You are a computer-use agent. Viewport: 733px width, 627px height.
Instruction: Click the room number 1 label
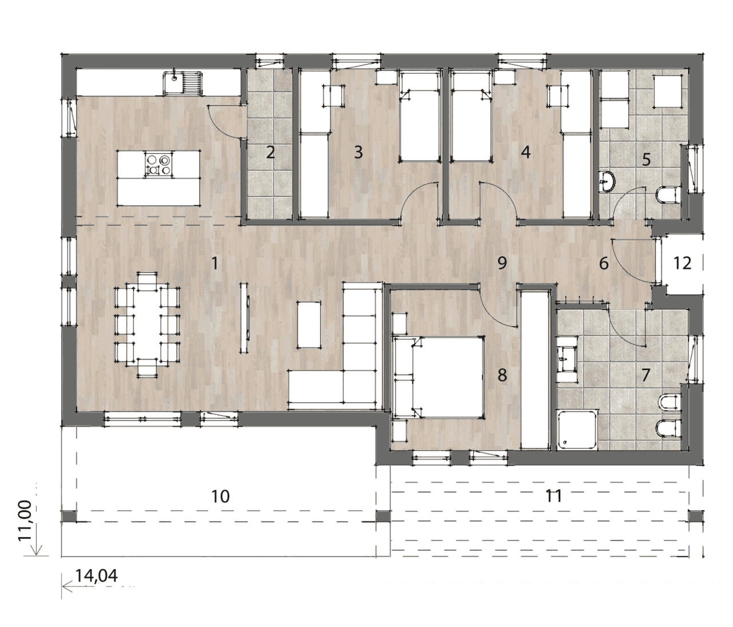coord(214,263)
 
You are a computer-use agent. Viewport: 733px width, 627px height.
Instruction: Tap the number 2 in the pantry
coord(270,152)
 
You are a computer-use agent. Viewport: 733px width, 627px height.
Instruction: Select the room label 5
coord(647,159)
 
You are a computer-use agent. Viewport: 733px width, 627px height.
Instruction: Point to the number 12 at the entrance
coord(682,263)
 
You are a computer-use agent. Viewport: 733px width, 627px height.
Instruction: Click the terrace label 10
coord(221,496)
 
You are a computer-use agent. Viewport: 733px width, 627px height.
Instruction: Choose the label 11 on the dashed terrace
coord(553,496)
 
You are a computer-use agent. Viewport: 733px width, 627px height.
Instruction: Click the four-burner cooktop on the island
coord(158,164)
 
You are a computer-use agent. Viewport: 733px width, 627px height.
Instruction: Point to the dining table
coord(147,324)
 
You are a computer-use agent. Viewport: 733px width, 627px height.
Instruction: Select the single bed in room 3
coord(419,116)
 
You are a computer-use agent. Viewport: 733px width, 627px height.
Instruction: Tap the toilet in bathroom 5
coord(667,195)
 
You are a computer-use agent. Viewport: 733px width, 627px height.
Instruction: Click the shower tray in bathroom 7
coord(577,430)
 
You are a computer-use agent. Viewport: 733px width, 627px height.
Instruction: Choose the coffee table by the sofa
coord(309,324)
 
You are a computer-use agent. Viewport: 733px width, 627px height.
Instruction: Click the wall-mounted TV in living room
coord(245,318)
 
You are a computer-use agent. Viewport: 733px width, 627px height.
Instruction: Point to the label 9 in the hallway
coord(502,263)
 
